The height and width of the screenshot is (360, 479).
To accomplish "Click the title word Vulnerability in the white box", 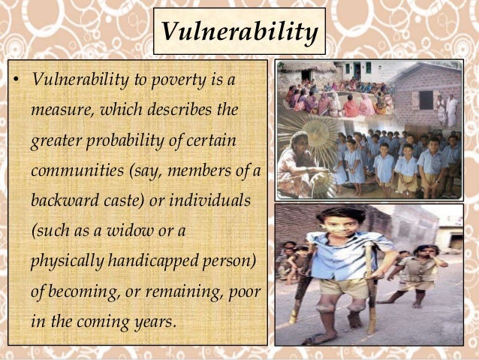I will point(239,32).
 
